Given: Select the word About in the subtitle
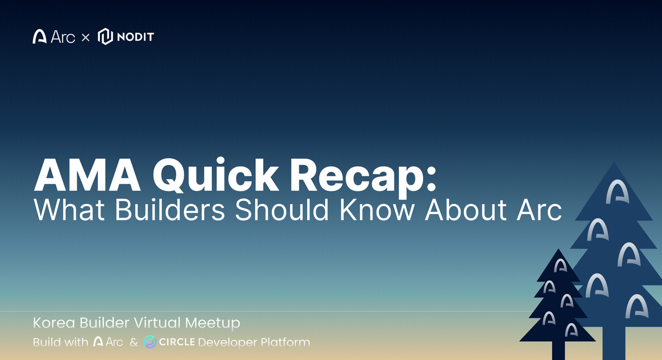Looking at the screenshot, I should point(475,210).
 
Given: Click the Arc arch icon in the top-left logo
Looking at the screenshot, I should point(40,37).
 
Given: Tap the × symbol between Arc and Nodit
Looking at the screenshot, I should point(85,37).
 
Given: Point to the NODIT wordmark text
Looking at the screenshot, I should point(135,37).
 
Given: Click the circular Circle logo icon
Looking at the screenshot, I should point(150,342).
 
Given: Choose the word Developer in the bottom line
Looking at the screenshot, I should point(227,342).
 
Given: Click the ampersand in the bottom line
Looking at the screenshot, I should point(133,342).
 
